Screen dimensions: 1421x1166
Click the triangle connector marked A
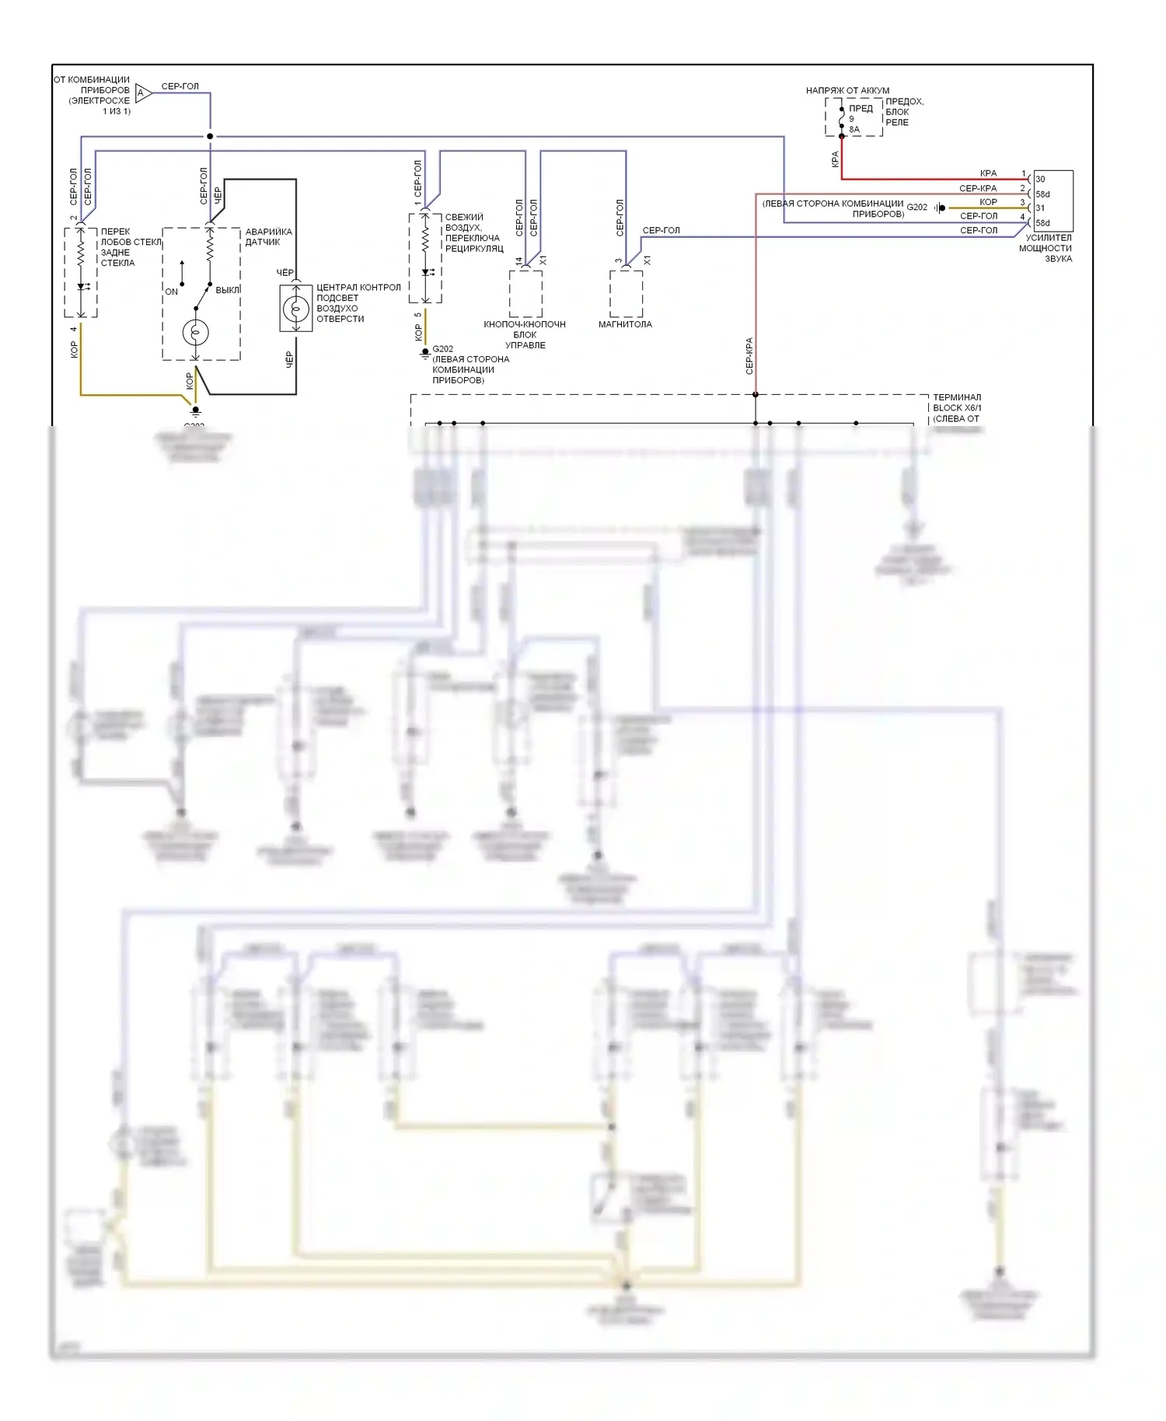point(143,93)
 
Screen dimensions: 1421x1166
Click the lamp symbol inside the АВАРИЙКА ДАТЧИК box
point(195,333)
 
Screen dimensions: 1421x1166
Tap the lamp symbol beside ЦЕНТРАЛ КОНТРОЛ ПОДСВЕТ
point(295,309)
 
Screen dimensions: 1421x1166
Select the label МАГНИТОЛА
point(625,324)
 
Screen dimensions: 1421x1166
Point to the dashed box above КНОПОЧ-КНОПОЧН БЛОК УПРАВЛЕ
point(525,293)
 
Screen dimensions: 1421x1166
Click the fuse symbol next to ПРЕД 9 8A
point(841,117)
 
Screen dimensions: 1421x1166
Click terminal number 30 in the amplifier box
point(1040,179)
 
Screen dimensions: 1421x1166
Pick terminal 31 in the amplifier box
point(1040,208)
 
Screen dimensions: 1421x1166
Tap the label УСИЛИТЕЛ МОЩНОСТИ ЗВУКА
point(1046,248)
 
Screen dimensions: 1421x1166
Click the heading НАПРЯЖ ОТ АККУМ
point(847,90)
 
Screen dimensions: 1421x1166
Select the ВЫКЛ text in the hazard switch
point(228,290)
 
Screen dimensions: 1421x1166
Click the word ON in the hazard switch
point(171,292)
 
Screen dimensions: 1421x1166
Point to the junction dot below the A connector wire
point(210,136)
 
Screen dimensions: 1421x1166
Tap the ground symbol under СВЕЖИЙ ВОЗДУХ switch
point(425,353)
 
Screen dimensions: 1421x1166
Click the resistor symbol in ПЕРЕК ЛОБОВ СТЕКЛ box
point(81,253)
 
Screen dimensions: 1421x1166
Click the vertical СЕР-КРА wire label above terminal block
point(749,355)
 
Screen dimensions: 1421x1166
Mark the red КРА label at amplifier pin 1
point(988,173)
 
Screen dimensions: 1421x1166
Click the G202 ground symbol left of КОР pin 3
point(940,208)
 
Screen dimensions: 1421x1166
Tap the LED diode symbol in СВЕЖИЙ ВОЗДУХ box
point(425,273)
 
